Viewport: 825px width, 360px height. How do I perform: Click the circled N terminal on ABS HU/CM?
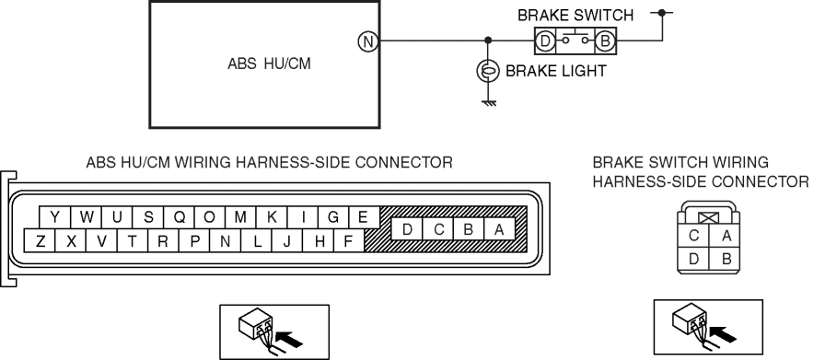click(368, 41)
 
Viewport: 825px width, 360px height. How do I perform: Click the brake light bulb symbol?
click(488, 71)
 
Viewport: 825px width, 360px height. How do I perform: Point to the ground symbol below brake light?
click(489, 102)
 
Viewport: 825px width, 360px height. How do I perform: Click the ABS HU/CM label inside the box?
click(269, 64)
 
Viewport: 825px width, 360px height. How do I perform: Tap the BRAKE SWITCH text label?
click(575, 16)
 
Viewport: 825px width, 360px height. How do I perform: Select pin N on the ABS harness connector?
click(226, 241)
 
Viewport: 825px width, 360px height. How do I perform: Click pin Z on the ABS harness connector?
click(40, 241)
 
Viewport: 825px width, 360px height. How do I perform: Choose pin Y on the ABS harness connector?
click(54, 217)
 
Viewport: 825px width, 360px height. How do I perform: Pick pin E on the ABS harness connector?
click(363, 217)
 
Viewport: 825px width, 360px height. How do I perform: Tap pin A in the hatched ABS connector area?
click(499, 229)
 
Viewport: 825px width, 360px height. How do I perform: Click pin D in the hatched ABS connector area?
click(407, 229)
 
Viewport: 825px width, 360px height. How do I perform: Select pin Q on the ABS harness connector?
click(179, 217)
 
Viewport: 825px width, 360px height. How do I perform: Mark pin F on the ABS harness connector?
click(348, 241)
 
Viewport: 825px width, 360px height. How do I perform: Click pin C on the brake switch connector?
click(693, 235)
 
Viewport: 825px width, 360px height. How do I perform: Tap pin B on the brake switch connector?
click(725, 260)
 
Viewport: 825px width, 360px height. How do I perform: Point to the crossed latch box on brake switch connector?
click(708, 217)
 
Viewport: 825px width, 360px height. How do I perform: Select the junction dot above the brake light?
click(488, 41)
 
